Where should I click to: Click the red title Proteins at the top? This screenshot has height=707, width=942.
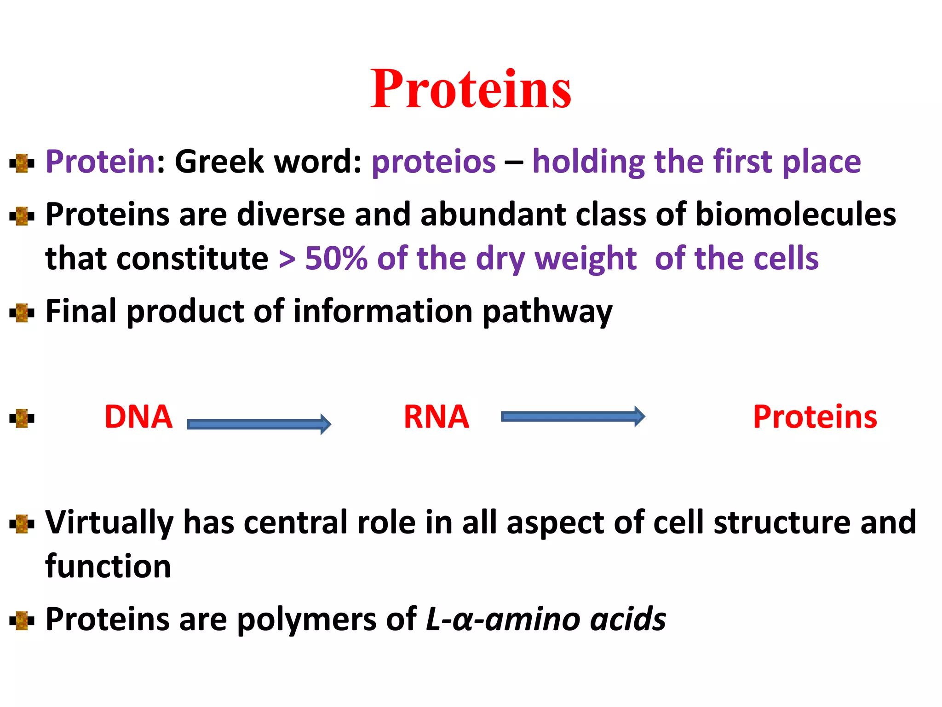[471, 89]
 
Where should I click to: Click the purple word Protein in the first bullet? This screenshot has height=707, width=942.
[100, 162]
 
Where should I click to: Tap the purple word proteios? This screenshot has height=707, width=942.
[433, 162]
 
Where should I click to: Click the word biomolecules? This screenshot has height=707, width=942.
[795, 215]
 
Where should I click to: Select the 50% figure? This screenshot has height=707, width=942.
[336, 259]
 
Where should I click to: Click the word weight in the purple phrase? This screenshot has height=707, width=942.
[585, 259]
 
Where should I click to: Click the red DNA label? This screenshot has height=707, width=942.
[138, 417]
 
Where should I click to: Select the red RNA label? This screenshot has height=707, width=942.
[436, 417]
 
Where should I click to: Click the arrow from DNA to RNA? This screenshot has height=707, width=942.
[259, 424]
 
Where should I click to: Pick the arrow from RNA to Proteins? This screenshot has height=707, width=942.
[573, 417]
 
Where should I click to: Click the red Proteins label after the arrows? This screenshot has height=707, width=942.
[815, 417]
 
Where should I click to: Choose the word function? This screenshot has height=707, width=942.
[108, 566]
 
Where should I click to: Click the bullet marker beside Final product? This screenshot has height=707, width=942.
[22, 313]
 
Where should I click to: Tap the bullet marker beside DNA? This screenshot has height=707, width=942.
[22, 418]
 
